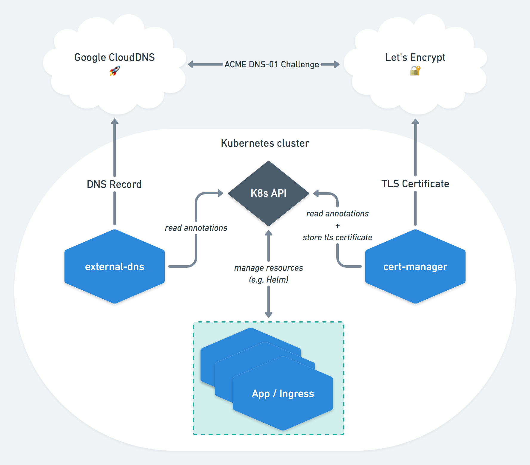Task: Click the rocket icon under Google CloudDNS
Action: coord(115,71)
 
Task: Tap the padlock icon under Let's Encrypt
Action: coord(415,71)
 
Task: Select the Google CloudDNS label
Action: coord(115,57)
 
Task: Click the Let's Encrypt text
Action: coord(415,57)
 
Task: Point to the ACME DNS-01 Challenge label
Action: coord(272,64)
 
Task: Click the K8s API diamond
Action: coord(268,193)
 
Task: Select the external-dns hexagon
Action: coord(115,266)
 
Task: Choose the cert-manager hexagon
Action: coord(415,266)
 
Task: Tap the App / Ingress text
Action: coord(283,394)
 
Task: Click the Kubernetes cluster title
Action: coord(265,143)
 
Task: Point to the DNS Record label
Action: coord(114,184)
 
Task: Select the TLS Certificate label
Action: coord(415,184)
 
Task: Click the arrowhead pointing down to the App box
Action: coord(269,315)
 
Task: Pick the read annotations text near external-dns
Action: coord(196,228)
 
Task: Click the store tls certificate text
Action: coord(337,238)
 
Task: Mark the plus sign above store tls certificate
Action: coord(338,226)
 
